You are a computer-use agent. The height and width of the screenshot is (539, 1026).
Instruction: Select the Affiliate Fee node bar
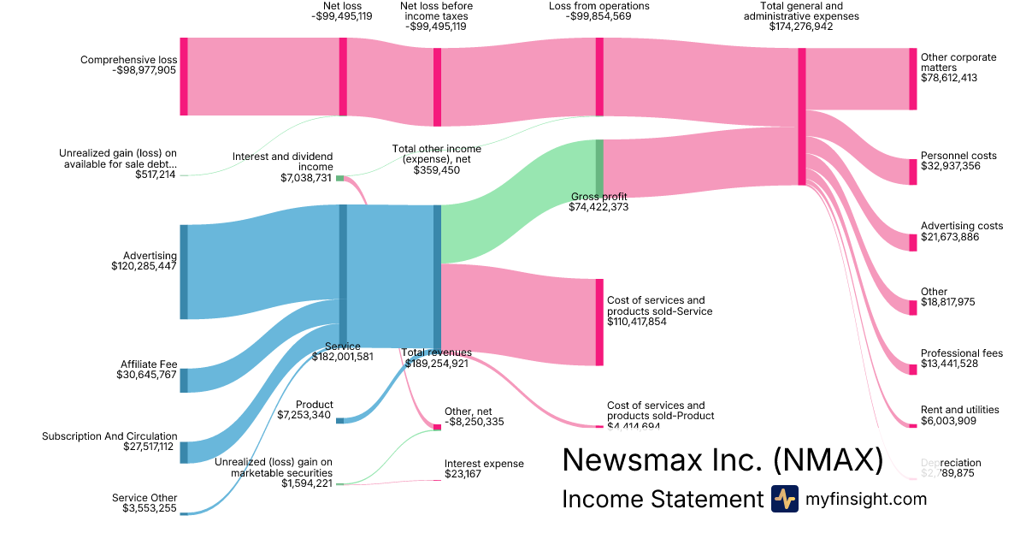point(184,380)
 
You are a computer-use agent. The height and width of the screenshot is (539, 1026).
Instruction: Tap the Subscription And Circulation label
point(109,436)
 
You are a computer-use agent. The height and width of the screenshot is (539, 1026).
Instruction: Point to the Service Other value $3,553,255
point(144,509)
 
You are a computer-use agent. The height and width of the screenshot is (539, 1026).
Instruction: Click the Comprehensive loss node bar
point(184,76)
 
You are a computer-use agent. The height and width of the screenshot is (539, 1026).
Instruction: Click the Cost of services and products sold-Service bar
point(599,322)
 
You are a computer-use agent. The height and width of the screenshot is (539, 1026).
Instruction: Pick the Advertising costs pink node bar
point(912,241)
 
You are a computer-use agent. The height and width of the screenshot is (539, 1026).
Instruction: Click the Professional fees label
point(961,353)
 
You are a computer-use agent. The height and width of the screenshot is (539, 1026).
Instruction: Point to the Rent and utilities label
point(959,410)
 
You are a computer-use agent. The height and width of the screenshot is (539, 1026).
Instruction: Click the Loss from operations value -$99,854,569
point(598,16)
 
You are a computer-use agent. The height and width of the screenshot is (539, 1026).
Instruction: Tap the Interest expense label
point(484,464)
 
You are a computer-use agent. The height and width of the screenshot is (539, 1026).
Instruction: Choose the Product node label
point(314,405)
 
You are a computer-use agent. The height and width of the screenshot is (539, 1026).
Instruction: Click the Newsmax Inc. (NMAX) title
point(722,459)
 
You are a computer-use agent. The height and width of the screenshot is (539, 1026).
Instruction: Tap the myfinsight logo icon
point(784,500)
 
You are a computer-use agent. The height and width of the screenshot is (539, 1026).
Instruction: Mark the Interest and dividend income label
point(282,162)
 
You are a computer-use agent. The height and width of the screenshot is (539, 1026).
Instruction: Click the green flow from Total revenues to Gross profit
point(513,205)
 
